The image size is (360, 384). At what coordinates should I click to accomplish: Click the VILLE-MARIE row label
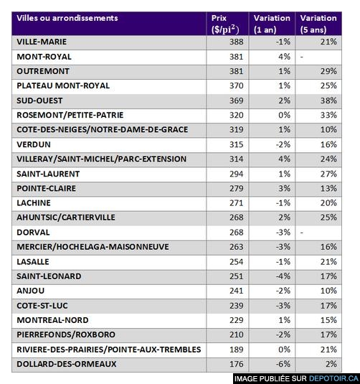click(42, 42)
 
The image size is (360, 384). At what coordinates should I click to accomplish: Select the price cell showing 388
click(237, 42)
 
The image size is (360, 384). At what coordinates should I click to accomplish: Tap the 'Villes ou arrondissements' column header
click(67, 18)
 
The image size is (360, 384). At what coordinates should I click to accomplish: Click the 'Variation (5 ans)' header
click(318, 24)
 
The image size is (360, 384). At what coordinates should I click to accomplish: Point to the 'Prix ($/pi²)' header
click(225, 24)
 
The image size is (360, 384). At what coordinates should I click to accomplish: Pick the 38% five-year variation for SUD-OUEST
click(328, 100)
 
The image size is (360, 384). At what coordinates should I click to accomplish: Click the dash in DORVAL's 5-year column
click(302, 233)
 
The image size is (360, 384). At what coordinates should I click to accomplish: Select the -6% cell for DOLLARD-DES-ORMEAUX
click(283, 364)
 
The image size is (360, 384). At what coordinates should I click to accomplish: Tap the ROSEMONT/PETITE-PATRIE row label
click(70, 115)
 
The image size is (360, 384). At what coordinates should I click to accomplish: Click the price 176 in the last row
click(237, 364)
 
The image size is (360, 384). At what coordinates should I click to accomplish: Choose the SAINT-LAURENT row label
click(48, 174)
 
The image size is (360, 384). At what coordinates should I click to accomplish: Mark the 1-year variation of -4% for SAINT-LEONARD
click(283, 276)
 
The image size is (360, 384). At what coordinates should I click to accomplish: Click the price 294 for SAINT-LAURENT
click(237, 174)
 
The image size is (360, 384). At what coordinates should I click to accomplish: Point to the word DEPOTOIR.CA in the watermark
click(333, 378)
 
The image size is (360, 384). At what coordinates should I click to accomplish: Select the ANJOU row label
click(31, 291)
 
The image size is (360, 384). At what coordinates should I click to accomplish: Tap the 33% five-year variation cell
click(328, 115)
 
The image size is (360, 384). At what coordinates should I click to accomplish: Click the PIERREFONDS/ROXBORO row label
click(66, 334)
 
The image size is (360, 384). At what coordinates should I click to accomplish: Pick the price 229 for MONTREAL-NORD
click(237, 320)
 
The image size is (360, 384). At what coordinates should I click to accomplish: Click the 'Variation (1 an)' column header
click(272, 24)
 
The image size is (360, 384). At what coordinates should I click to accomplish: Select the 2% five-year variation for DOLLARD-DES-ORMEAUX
click(331, 364)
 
